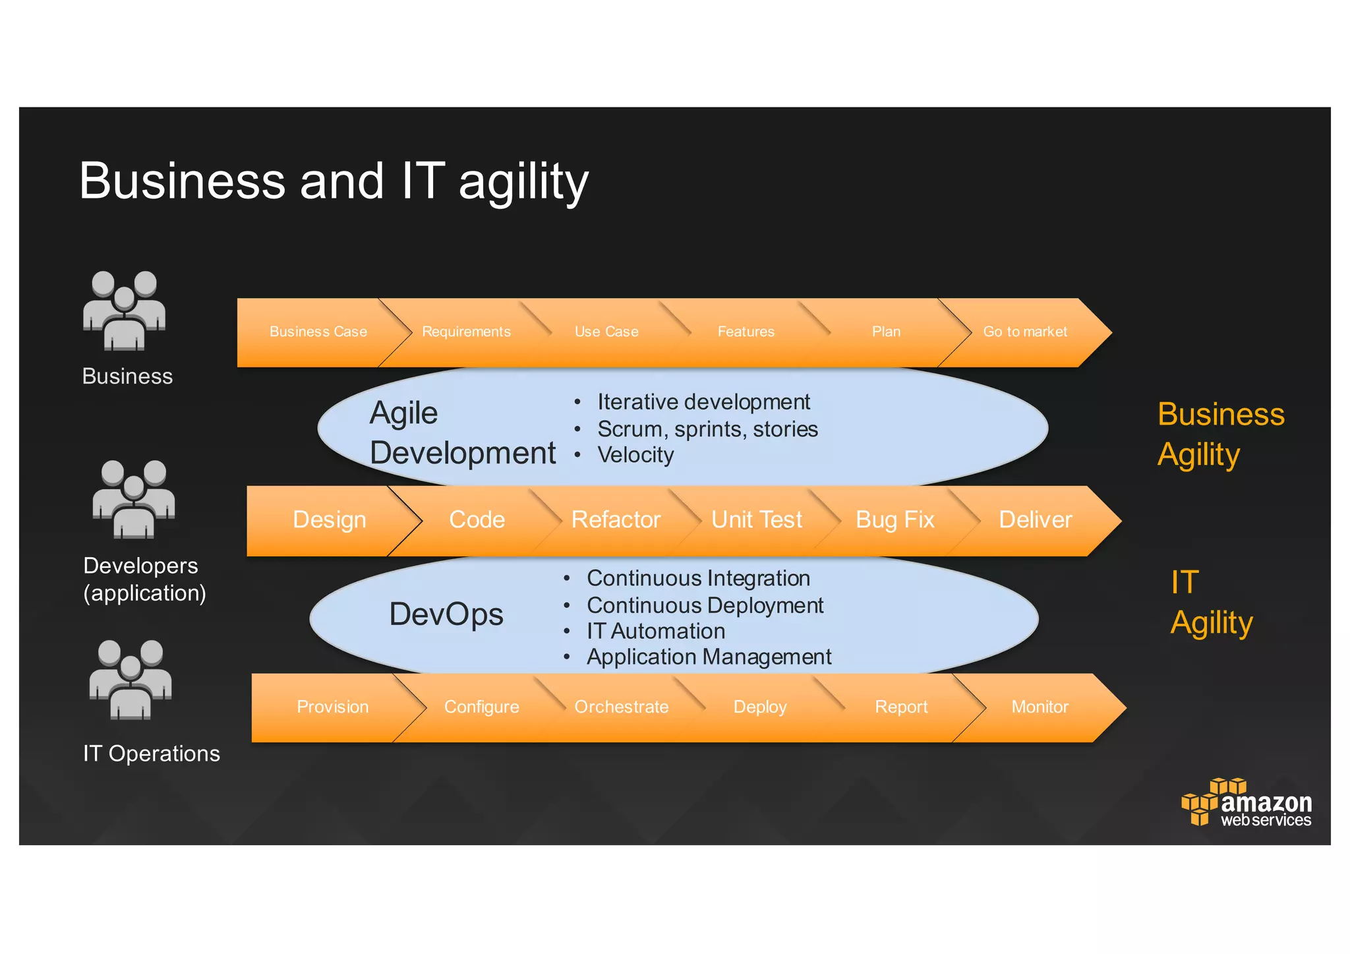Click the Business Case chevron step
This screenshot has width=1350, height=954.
click(x=318, y=332)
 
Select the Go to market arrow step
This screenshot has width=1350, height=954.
click(x=1025, y=332)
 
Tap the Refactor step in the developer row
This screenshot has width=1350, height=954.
click(x=616, y=520)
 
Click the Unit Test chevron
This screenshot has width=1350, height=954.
click(x=757, y=520)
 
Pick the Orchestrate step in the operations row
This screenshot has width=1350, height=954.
click(x=621, y=707)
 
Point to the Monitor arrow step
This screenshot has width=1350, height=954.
click(x=1040, y=707)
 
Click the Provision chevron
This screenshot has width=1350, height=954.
click(x=332, y=707)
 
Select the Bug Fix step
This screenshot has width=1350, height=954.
click(x=895, y=520)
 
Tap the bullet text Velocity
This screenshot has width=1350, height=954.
click(x=635, y=455)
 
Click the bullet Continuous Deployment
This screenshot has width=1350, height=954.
click(x=705, y=605)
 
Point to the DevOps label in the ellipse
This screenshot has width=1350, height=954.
click(x=446, y=614)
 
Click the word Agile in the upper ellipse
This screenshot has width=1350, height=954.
click(x=403, y=413)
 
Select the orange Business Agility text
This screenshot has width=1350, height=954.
click(x=1220, y=434)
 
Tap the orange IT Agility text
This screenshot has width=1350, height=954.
click(x=1210, y=602)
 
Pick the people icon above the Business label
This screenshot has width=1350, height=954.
click(x=124, y=311)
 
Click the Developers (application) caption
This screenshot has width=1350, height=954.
click(x=144, y=579)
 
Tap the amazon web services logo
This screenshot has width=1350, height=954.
click(x=1246, y=802)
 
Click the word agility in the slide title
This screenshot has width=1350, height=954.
click(x=523, y=182)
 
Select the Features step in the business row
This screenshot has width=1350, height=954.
click(x=746, y=332)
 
